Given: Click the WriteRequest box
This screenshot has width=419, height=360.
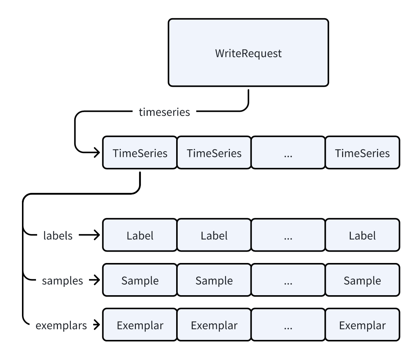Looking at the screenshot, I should coord(248,53).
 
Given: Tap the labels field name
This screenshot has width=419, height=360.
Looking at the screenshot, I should coord(58,236).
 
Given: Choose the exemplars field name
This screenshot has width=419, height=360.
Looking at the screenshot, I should coord(61,326).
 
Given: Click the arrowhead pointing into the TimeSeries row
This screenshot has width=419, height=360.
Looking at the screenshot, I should coord(95,153).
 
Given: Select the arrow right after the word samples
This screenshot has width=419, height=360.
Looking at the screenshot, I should coord(94,281).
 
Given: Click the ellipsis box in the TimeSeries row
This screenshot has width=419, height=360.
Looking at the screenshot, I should coord(288,153).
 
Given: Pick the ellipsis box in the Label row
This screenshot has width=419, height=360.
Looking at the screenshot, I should coord(288,236).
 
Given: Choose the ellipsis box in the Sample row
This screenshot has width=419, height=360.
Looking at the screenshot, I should coord(288,281).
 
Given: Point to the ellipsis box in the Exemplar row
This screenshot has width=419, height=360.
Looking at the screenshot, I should coord(288,326).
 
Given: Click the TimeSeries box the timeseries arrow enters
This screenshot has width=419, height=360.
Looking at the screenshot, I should coord(140,153).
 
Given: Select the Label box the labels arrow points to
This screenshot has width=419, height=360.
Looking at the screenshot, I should coord(140,236).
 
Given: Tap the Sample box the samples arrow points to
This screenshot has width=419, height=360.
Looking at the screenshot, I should coord(140,281).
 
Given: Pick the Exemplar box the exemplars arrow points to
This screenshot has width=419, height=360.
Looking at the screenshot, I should coord(140,326).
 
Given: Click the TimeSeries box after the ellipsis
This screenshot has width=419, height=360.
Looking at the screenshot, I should coord(362,153).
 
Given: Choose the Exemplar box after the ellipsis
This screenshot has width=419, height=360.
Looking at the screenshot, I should coord(362,326).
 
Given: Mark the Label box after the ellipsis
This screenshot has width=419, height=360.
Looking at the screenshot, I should coord(362,236).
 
